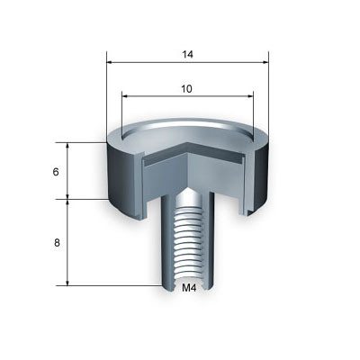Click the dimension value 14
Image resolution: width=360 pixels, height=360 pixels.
pyautogui.click(x=187, y=54)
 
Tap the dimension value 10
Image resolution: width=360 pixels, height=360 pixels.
pyautogui.click(x=186, y=89)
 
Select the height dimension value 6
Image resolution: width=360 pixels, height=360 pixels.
pyautogui.click(x=56, y=172)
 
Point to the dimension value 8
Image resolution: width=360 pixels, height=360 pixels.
pyautogui.click(x=57, y=243)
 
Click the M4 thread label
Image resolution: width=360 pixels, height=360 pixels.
pyautogui.click(x=189, y=288)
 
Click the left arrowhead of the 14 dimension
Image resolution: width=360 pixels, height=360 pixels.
pyautogui.click(x=110, y=62)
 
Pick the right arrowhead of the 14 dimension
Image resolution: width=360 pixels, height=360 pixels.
pyautogui.click(x=265, y=62)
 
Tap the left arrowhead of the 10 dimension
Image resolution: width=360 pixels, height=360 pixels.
pyautogui.click(x=124, y=96)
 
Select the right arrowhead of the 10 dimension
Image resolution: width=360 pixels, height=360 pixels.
pyautogui.click(x=250, y=96)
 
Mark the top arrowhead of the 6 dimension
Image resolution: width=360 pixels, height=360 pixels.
pyautogui.click(x=67, y=145)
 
